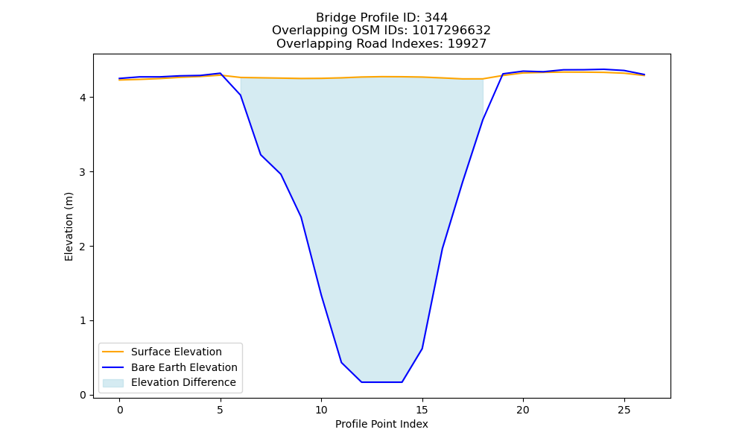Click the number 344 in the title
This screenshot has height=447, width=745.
click(x=436, y=18)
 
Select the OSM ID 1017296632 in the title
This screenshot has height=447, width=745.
click(x=451, y=31)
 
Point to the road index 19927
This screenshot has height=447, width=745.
click(x=467, y=44)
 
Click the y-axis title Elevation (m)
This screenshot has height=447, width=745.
click(x=69, y=226)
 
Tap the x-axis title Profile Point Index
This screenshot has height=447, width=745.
click(x=381, y=424)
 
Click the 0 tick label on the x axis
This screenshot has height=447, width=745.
click(x=120, y=410)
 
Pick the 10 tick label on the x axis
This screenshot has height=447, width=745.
click(x=321, y=410)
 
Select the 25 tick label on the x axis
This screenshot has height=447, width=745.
click(x=624, y=410)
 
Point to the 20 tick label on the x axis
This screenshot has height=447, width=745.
click(x=523, y=410)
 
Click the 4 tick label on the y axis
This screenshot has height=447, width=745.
click(x=83, y=98)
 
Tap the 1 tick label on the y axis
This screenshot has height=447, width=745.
click(x=83, y=320)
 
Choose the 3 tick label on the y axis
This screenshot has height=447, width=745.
click(x=83, y=172)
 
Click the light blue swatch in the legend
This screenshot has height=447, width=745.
click(x=113, y=383)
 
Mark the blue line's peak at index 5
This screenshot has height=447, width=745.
click(x=220, y=73)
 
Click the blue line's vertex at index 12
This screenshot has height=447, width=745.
click(x=361, y=382)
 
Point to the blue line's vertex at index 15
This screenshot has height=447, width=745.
click(x=422, y=349)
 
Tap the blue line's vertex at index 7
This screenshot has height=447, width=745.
click(x=260, y=154)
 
